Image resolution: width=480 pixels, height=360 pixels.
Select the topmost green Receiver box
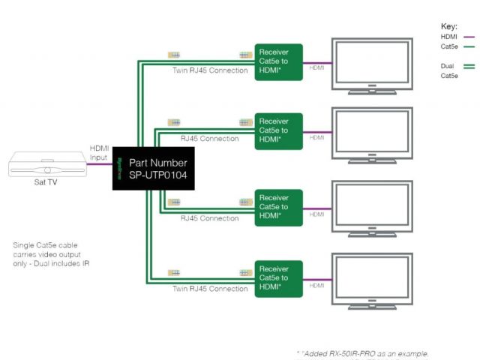tap(277, 61)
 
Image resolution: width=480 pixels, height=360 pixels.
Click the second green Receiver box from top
tap(277, 130)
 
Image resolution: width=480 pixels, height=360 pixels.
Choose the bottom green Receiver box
tap(277, 277)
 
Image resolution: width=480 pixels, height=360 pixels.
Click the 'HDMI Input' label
tap(100, 152)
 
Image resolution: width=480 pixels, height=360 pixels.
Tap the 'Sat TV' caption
tap(46, 182)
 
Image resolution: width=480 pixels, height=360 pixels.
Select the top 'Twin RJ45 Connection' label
tap(209, 70)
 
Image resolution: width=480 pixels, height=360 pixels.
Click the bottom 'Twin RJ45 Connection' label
tap(209, 289)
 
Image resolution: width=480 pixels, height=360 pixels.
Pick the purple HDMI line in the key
tap(469, 36)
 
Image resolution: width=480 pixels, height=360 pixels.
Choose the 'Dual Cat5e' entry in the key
tap(449, 70)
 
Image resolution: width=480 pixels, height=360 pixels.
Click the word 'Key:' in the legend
tap(449, 26)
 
